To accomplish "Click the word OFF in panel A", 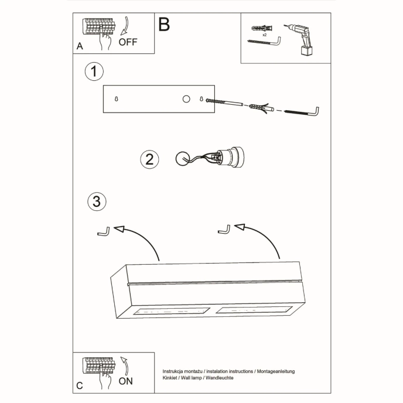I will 128,42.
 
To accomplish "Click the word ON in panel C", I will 125,381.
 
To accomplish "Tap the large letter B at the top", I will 164,24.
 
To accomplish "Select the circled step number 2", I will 149,159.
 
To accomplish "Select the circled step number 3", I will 97,202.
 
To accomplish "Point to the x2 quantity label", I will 265,36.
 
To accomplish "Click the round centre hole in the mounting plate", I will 186,99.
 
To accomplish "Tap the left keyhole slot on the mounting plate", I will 117,99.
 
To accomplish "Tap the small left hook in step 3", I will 103,233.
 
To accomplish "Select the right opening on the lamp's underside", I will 252,309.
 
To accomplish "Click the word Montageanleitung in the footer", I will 275,372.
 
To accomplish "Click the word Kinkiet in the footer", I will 172,379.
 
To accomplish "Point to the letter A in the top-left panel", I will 79,46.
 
